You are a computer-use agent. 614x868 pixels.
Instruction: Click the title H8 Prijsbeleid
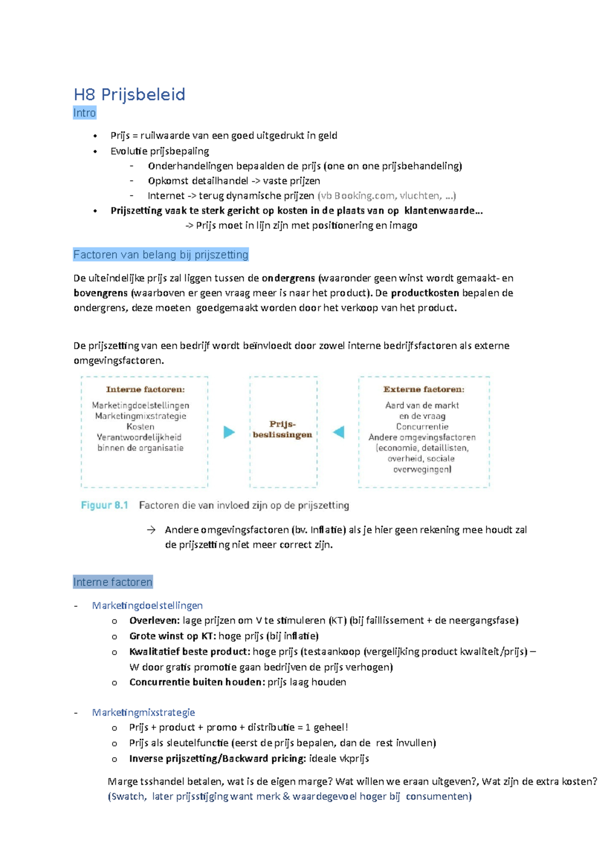click(129, 95)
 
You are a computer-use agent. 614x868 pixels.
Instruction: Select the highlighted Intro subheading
click(84, 113)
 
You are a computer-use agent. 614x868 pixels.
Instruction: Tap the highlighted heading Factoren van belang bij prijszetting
click(161, 255)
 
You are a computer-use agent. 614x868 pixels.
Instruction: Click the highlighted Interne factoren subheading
click(113, 582)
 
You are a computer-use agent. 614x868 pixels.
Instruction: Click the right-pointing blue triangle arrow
click(229, 432)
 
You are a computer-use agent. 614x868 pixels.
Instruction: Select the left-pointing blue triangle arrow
click(339, 432)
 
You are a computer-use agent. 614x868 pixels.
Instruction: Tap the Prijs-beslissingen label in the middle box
click(282, 429)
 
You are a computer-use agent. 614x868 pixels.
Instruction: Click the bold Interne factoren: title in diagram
click(145, 390)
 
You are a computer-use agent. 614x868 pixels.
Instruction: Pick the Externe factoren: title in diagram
click(424, 390)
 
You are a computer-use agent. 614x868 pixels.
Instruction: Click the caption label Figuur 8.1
click(104, 506)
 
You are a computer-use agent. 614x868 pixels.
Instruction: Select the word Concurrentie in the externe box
click(422, 427)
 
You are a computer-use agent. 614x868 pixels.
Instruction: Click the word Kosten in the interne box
click(140, 427)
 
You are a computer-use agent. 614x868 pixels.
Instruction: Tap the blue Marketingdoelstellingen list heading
click(147, 606)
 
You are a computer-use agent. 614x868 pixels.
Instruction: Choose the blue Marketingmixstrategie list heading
click(143, 713)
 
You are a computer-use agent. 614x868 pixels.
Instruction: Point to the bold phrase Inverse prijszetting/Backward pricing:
click(217, 759)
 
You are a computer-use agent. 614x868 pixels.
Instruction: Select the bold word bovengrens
click(101, 293)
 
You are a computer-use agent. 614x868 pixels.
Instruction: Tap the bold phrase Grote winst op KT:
click(172, 636)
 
